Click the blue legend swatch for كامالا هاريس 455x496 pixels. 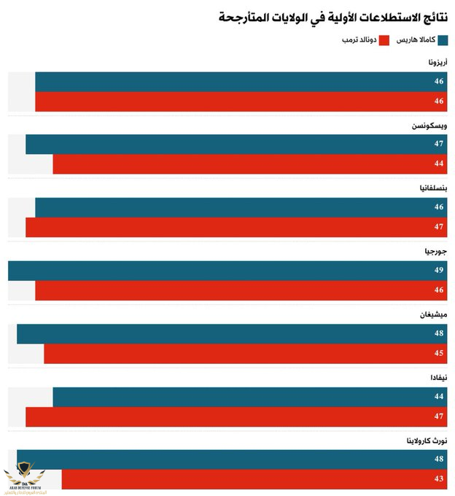(x=443, y=39)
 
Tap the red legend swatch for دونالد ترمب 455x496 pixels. (x=385, y=39)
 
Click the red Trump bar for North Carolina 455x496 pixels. (x=255, y=479)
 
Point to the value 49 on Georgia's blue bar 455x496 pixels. (x=439, y=271)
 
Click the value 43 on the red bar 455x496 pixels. (x=439, y=479)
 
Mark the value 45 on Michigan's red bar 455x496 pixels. (x=439, y=354)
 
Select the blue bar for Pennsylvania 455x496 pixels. (x=241, y=208)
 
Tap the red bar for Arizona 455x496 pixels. (x=241, y=101)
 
